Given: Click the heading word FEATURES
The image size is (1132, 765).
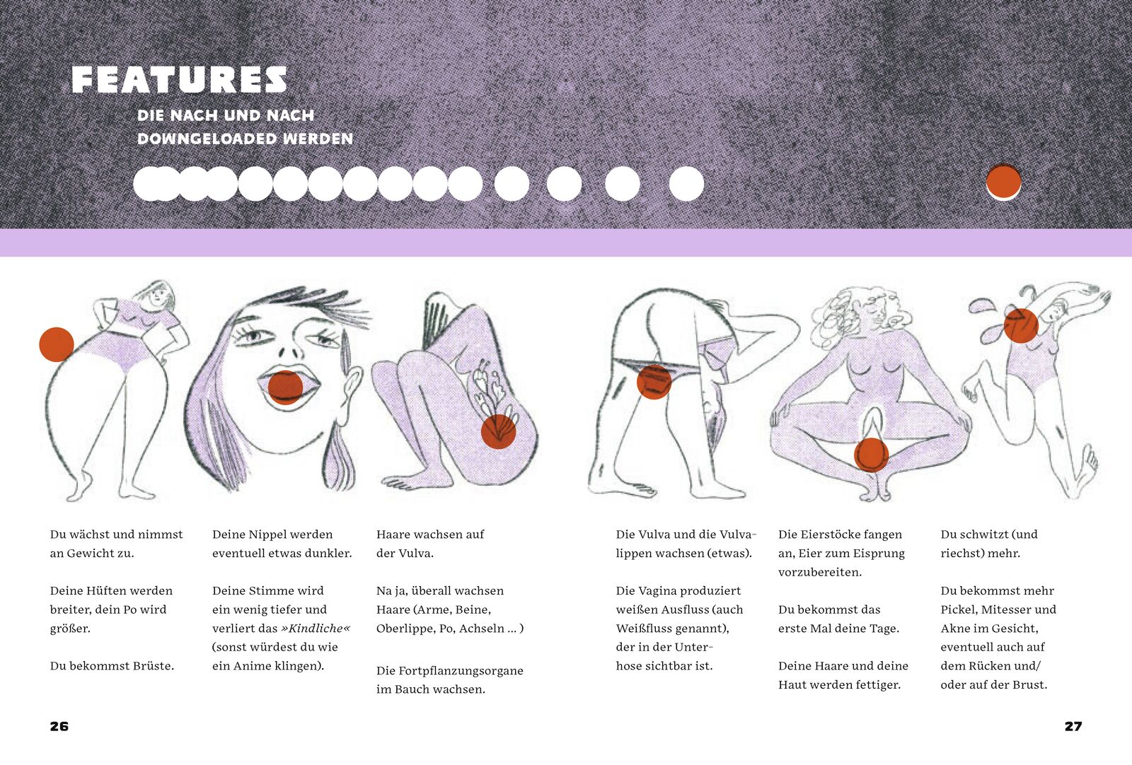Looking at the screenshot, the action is point(180,80).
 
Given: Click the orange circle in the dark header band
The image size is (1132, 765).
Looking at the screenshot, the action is point(1004,181).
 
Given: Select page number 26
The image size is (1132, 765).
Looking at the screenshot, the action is point(59,726).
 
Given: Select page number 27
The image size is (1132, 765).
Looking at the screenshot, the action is point(1073,726).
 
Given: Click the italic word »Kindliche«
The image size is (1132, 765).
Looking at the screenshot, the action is point(316,628).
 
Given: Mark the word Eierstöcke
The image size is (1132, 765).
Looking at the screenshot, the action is point(832,535).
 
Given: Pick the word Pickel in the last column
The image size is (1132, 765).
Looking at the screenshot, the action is point(958,609).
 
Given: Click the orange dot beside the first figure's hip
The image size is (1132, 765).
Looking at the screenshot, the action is point(57,344).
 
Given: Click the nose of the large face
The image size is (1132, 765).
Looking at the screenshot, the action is point(287,349).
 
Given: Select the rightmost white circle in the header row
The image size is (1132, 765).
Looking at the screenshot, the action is point(686,184).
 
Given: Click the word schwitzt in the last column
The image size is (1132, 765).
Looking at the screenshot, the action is point(984,535).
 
